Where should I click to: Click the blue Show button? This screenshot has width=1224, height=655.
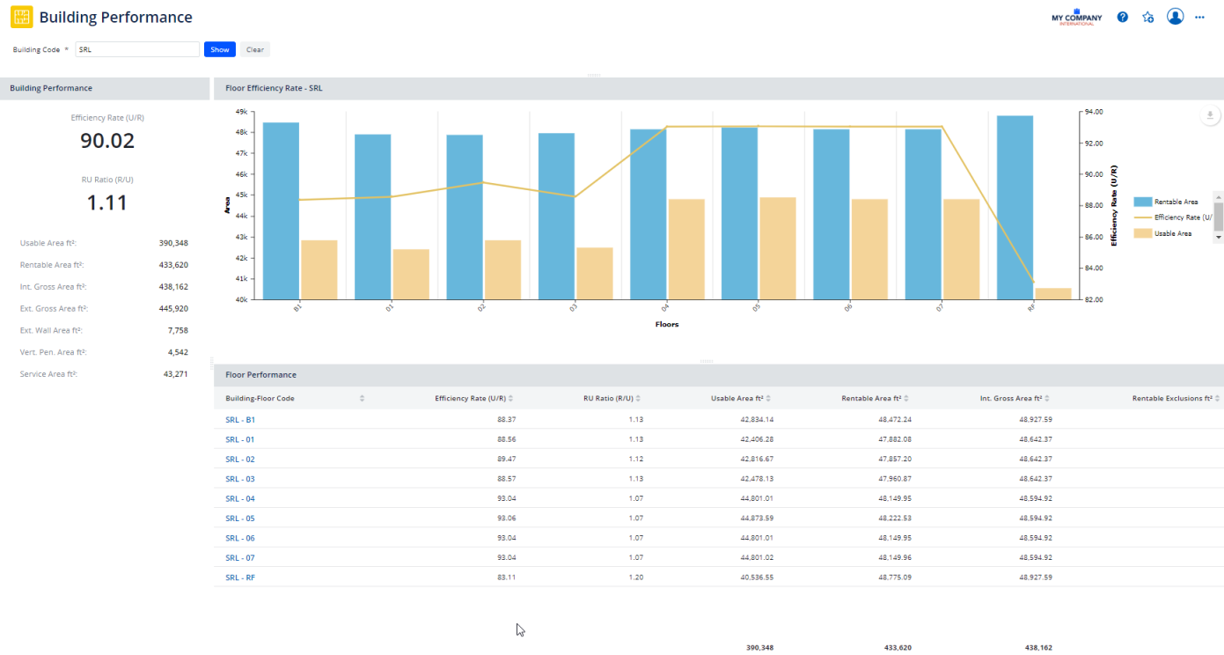(219, 49)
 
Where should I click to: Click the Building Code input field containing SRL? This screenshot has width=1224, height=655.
(137, 49)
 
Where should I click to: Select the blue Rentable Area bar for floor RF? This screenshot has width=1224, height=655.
(1015, 208)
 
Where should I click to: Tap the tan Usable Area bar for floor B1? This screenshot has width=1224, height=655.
(319, 269)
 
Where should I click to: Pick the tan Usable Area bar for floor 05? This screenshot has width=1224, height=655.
(777, 248)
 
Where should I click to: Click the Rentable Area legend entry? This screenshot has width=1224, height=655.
(1176, 202)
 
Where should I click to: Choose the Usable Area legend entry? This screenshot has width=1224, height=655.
(1172, 233)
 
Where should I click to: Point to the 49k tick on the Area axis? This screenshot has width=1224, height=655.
(240, 112)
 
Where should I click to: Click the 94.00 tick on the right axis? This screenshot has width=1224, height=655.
(1094, 112)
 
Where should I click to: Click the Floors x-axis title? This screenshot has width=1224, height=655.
(666, 324)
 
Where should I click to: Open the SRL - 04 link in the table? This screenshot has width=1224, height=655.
(240, 498)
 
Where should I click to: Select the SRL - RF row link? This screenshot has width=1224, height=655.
(240, 578)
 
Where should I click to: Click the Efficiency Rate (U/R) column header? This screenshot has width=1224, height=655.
(470, 398)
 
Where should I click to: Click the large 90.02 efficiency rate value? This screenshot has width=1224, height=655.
(107, 141)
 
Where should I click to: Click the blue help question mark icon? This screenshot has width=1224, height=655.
(1123, 17)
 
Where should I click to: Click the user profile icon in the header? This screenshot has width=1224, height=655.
(1175, 17)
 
